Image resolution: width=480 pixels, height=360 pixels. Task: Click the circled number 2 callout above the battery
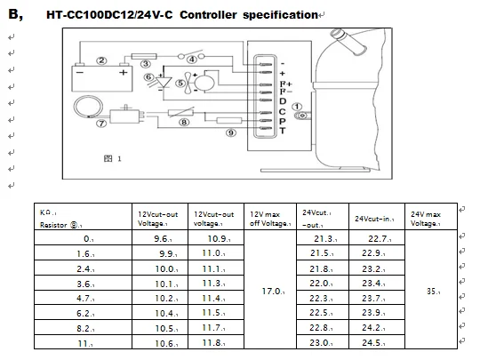click(x=102, y=60)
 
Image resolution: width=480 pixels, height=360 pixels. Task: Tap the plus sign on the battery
click(x=123, y=73)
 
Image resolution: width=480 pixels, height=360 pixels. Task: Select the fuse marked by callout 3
click(x=144, y=57)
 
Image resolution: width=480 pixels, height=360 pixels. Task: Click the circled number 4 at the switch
click(x=192, y=60)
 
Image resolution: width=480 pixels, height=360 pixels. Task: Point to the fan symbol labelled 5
click(x=188, y=83)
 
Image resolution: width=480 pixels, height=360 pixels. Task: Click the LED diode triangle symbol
click(x=164, y=82)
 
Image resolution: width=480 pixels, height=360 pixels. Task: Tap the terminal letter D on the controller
click(x=283, y=101)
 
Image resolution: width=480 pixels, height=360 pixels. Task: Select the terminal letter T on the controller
click(x=283, y=131)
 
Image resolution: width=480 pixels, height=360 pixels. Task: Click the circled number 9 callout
click(x=231, y=132)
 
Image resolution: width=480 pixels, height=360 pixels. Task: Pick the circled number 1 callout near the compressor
click(x=297, y=107)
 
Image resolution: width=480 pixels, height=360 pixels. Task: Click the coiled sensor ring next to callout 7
click(x=88, y=107)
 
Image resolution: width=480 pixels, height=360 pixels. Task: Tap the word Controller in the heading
click(x=208, y=15)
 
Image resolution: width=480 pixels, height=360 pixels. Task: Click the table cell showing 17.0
click(x=273, y=292)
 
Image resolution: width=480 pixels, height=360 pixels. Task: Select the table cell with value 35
click(x=433, y=292)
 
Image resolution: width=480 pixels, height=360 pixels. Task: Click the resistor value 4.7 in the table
click(x=84, y=299)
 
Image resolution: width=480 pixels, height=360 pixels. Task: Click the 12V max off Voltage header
click(x=269, y=219)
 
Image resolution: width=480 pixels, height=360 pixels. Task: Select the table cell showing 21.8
click(x=320, y=269)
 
